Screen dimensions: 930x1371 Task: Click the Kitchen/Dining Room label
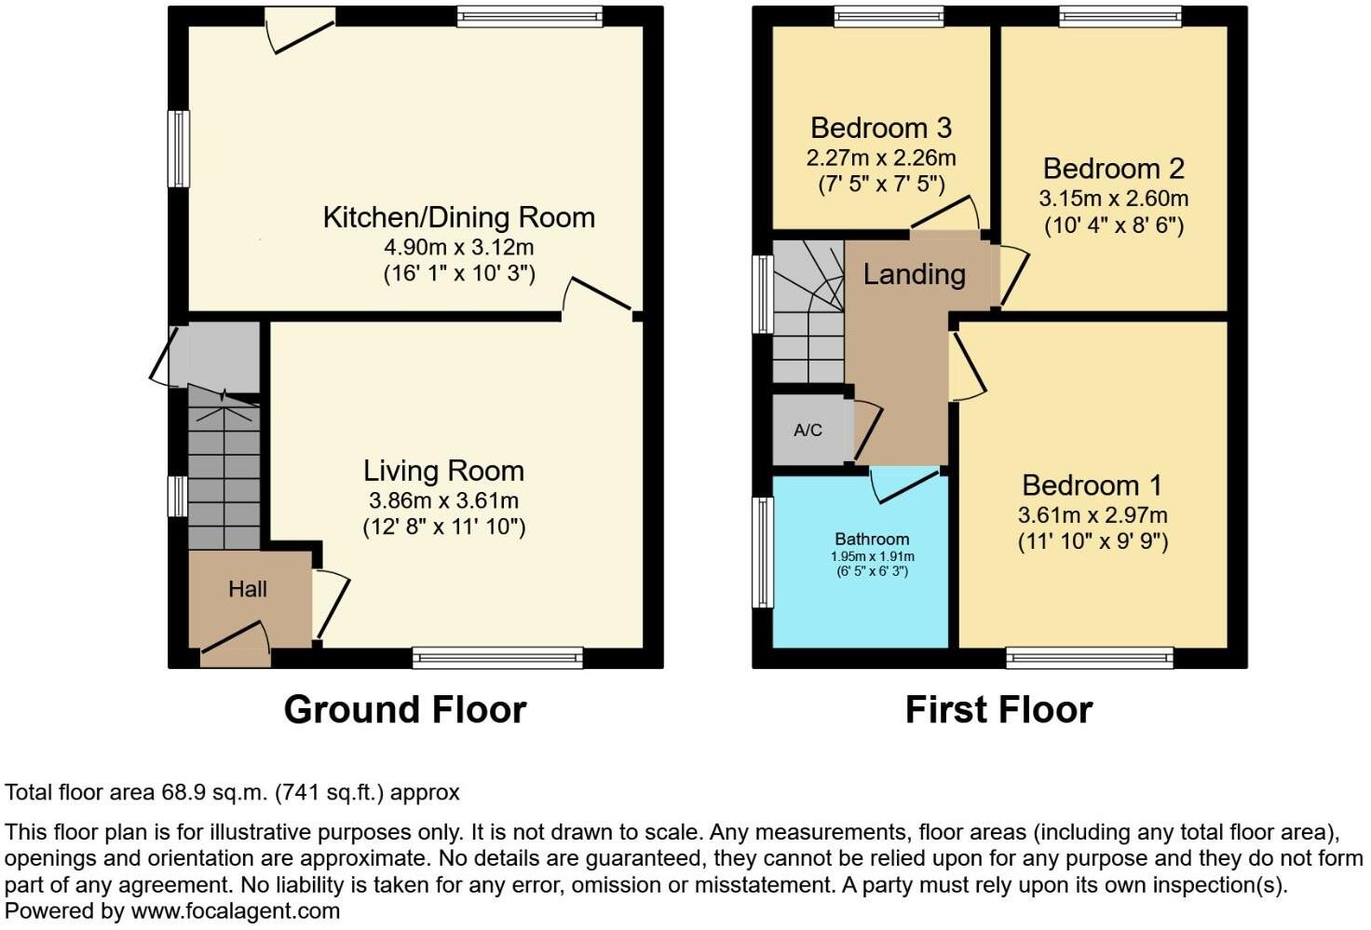pyautogui.click(x=458, y=217)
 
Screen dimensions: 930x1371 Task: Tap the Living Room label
pyautogui.click(x=443, y=471)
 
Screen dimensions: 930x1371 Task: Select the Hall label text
pyautogui.click(x=248, y=589)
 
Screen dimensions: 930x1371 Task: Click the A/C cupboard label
pyautogui.click(x=808, y=431)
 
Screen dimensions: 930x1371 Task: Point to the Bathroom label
pyautogui.click(x=872, y=539)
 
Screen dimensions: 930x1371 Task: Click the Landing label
pyautogui.click(x=914, y=274)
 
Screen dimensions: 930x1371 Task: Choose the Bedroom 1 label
pyautogui.click(x=1093, y=485)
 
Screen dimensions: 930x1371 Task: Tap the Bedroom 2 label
pyautogui.click(x=1113, y=169)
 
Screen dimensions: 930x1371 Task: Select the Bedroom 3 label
pyautogui.click(x=881, y=128)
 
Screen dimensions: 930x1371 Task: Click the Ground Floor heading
pyautogui.click(x=405, y=709)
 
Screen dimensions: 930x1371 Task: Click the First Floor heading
pyautogui.click(x=998, y=709)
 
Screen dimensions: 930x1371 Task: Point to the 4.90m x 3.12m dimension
pyautogui.click(x=458, y=247)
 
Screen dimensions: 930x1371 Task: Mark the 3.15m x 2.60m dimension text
pyautogui.click(x=1113, y=198)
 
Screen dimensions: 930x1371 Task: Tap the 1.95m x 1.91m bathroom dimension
pyautogui.click(x=872, y=556)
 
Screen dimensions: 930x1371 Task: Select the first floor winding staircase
pyautogui.click(x=808, y=312)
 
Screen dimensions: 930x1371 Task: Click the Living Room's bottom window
pyautogui.click(x=497, y=658)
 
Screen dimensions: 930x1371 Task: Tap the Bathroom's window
pyautogui.click(x=763, y=552)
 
